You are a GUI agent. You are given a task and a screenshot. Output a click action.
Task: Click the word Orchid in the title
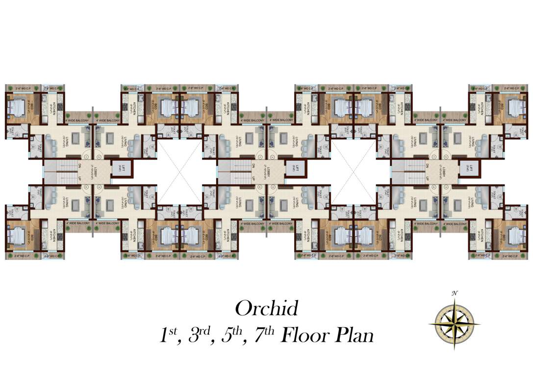click(266, 309)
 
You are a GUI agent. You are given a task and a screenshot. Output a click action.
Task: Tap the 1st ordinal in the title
click(168, 336)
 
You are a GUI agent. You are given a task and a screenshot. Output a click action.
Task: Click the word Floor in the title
click(307, 336)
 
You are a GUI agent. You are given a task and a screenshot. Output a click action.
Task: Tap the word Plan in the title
click(354, 336)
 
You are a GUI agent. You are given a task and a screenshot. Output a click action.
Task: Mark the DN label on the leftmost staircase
click(79, 166)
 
